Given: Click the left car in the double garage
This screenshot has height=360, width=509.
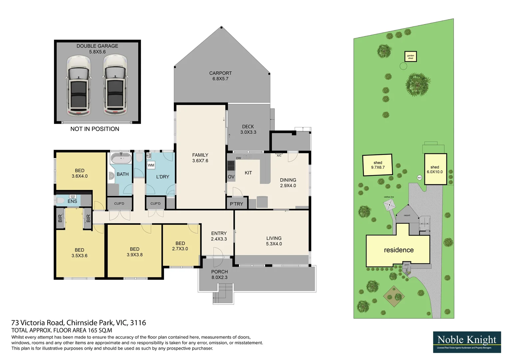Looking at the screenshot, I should pos(79,86).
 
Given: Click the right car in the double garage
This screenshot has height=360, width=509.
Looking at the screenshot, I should pos(115,86).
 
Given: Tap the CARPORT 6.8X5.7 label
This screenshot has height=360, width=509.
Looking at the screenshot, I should pos(220,76).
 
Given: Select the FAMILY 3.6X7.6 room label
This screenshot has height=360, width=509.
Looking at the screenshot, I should pos(200,158).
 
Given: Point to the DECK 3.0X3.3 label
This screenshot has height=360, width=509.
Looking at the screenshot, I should pos(248,129).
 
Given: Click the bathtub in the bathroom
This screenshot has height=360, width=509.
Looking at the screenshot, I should pos(121,158).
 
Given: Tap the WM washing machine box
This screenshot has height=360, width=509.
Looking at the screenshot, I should pos(151,165).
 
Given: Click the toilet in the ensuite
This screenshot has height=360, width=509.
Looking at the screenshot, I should pos(60,201).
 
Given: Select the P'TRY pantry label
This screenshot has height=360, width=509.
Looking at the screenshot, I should pos(236,204).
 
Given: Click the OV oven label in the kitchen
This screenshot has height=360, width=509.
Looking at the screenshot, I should pos(231,177).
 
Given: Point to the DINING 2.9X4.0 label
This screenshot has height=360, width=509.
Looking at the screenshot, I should pos(288,183).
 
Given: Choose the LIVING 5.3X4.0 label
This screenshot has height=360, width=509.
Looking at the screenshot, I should pos(274,241).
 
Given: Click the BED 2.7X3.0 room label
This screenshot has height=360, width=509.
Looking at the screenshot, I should pos(180,246).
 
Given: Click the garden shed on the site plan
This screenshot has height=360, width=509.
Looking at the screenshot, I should pos(410,57).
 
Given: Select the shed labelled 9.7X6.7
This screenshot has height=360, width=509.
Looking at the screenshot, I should pos(378,165).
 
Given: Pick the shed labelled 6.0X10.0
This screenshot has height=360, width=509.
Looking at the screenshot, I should pos(435,169).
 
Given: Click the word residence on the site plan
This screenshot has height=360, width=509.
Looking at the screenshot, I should pos(399,250).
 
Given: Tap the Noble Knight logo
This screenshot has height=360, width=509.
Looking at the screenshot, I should pos(467,342).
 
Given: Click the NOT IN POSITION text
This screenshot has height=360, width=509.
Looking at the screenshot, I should pos(95,129).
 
